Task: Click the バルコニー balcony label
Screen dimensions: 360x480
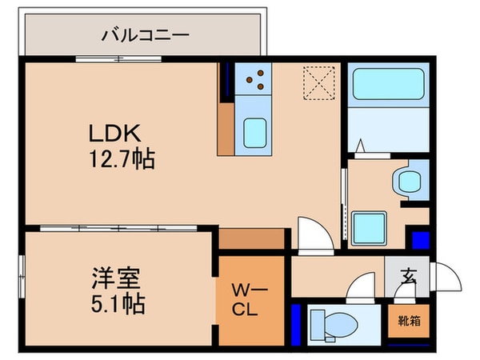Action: (145, 35)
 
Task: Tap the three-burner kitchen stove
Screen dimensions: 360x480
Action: (258, 78)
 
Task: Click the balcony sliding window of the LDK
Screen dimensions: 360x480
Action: (120, 60)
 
